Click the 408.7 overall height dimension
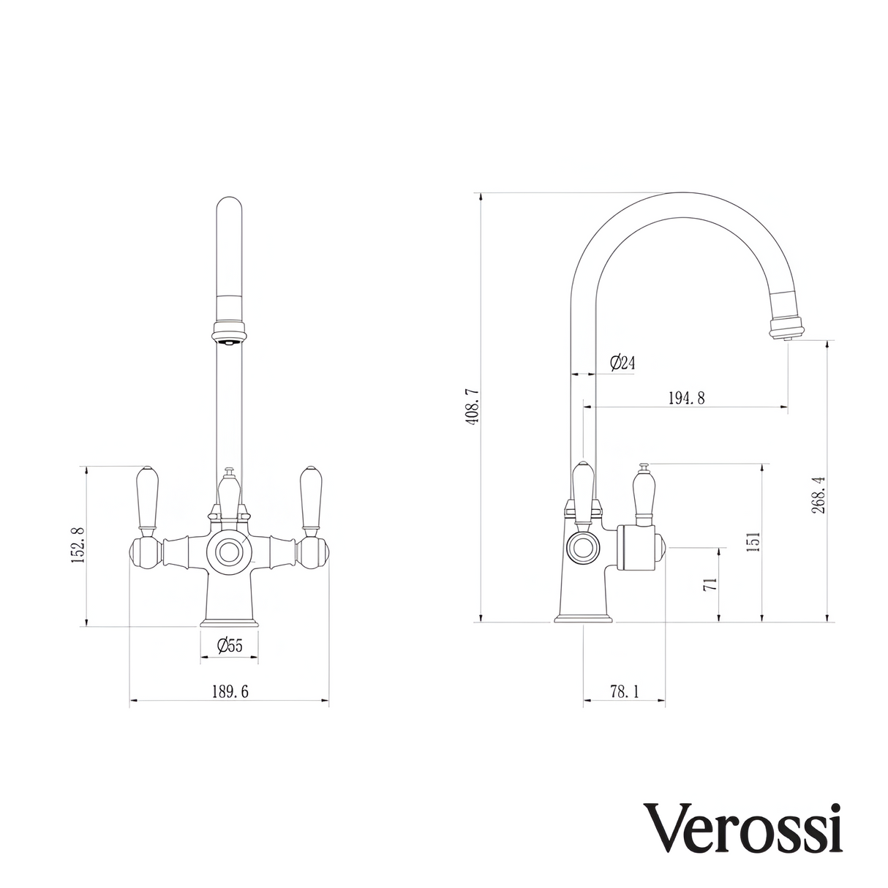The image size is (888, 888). pos(472,408)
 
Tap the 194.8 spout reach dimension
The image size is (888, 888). pos(686,398)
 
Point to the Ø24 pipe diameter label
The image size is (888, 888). pos(621,362)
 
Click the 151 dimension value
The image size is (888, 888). pos(753,541)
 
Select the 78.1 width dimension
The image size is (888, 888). pos(623,691)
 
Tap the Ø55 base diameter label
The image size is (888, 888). pos(229,646)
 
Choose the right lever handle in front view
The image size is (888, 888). pos(312,497)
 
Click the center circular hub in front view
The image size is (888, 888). pos(229,552)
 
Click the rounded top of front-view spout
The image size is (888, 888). pos(229,208)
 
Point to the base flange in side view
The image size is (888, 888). pos(583,620)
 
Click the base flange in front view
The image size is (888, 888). pos(229,622)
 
